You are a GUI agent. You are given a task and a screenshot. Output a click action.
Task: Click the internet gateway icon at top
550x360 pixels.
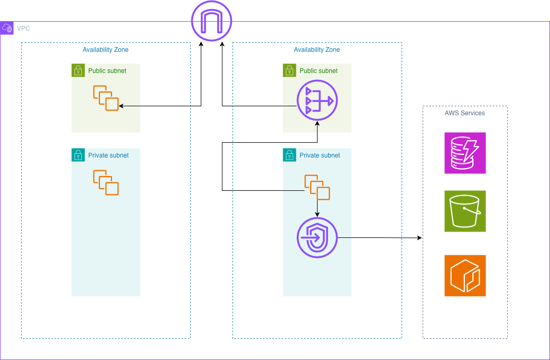click(211, 22)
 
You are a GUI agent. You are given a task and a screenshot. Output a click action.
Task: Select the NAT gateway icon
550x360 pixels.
click(317, 100)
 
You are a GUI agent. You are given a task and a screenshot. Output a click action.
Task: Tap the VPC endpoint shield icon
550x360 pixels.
click(317, 238)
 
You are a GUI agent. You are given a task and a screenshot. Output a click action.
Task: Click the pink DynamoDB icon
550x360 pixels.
click(465, 153)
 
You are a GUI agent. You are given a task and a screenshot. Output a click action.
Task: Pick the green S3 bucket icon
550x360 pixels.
click(465, 211)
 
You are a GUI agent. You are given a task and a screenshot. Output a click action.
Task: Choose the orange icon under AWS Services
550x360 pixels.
click(465, 275)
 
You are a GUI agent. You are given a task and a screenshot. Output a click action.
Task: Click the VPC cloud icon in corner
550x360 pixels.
click(7, 28)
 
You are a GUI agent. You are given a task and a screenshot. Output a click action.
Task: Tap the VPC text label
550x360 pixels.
click(23, 29)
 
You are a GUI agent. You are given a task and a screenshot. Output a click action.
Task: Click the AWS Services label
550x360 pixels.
click(465, 113)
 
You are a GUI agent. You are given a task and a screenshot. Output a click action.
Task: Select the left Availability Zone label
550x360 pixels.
click(106, 50)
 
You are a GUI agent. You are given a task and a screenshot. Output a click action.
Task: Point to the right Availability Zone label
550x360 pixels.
click(317, 50)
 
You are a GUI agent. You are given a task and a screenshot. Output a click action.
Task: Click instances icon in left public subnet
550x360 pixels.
click(106, 98)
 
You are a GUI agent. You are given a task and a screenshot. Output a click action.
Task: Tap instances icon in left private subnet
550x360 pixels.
click(106, 182)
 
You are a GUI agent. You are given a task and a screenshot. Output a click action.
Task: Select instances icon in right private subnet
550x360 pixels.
click(317, 187)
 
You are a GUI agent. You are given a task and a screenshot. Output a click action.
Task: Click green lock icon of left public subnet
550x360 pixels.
click(78, 70)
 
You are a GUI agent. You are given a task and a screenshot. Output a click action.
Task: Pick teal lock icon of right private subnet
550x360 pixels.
click(290, 155)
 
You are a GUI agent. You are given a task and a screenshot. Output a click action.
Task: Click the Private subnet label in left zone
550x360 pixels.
click(108, 155)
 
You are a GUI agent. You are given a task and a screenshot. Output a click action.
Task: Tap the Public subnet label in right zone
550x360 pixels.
click(319, 71)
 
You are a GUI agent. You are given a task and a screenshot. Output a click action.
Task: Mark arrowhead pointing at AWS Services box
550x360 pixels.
click(420, 238)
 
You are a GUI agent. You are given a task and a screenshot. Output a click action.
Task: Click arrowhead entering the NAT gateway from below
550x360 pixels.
click(317, 123)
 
